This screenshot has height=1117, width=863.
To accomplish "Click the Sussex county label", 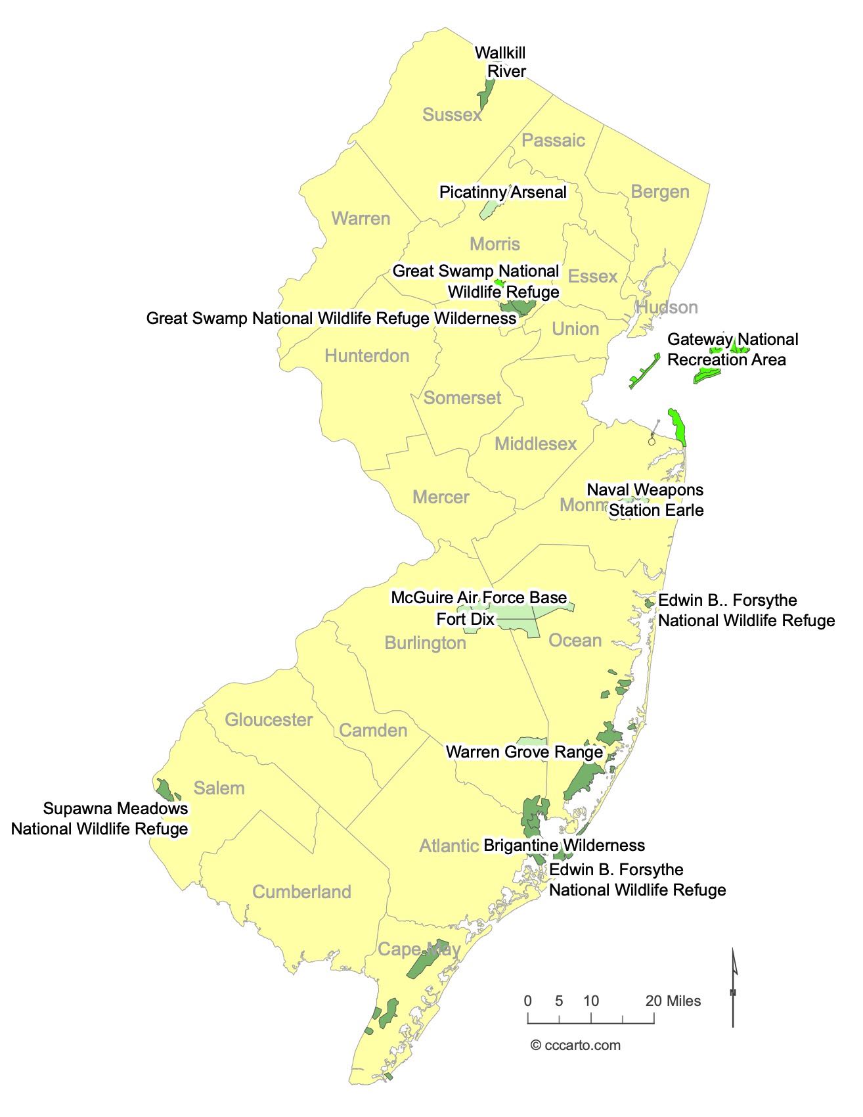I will pyautogui.click(x=452, y=115).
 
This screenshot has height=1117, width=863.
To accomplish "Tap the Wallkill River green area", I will pyautogui.click(x=487, y=95).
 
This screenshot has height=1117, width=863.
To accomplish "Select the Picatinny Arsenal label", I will pyautogui.click(x=502, y=192).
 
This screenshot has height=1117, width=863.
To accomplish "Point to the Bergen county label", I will pyautogui.click(x=660, y=192).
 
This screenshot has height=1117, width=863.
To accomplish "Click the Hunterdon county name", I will pyautogui.click(x=366, y=356).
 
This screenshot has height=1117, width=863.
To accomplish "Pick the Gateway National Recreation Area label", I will pyautogui.click(x=732, y=350).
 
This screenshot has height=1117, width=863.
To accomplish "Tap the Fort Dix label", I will pyautogui.click(x=465, y=620).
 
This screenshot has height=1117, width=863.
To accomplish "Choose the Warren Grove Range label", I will pyautogui.click(x=524, y=752).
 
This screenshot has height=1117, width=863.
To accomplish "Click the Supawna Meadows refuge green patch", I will pyautogui.click(x=164, y=788).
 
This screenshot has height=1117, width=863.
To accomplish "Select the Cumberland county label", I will pyautogui.click(x=301, y=892).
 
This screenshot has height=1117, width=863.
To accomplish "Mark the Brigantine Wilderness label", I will pyautogui.click(x=564, y=845).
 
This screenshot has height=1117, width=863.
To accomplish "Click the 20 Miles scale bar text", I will pyautogui.click(x=673, y=1001).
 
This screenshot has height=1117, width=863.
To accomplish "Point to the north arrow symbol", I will pyautogui.click(x=734, y=986).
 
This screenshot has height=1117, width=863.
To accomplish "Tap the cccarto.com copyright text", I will pyautogui.click(x=575, y=1045).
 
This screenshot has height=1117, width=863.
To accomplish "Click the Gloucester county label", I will pyautogui.click(x=269, y=719).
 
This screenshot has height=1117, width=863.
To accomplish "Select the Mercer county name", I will pyautogui.click(x=441, y=497).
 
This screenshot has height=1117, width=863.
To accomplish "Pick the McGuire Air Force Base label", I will pyautogui.click(x=479, y=597).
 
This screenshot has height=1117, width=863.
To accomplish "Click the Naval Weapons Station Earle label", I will pyautogui.click(x=645, y=500).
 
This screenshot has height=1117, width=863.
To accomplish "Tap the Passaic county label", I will pyautogui.click(x=553, y=140).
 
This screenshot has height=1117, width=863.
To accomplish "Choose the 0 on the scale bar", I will pyautogui.click(x=528, y=1001).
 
